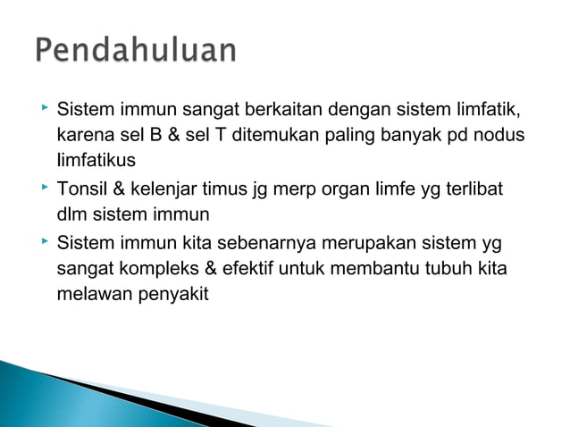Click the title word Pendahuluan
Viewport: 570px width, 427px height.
(x=137, y=51)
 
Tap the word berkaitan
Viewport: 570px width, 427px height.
(x=285, y=112)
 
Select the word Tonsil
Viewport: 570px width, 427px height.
(x=81, y=189)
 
